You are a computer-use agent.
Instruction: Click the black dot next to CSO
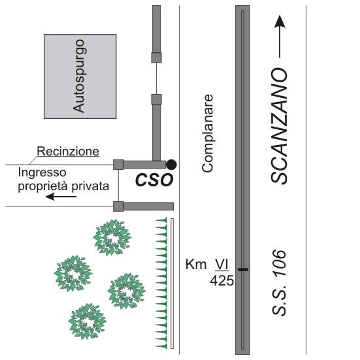pos(171,165)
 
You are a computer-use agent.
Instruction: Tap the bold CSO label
pos(154,180)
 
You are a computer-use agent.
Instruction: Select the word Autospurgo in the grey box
pos(80,76)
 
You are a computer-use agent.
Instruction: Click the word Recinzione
pos(68,152)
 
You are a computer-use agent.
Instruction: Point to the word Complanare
pos(208,133)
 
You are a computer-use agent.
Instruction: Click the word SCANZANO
pos(279,125)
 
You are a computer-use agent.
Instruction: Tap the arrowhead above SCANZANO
pos(280,22)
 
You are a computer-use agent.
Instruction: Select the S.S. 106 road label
pos(279,283)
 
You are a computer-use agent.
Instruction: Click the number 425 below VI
pos(221,280)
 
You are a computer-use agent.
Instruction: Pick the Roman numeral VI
pos(221,264)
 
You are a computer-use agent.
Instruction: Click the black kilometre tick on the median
pos(242,269)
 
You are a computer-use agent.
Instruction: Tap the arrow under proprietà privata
pos(61,197)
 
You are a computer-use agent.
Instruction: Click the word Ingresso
pos(42,172)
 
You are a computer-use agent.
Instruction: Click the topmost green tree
pos(112,237)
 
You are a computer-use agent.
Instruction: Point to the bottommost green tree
pos(88,321)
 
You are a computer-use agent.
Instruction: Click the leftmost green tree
pos(73,274)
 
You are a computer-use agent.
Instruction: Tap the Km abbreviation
pos(196,264)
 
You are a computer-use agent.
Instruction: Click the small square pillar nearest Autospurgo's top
pos(156,57)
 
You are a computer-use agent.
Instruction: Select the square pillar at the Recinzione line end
pos(118,165)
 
